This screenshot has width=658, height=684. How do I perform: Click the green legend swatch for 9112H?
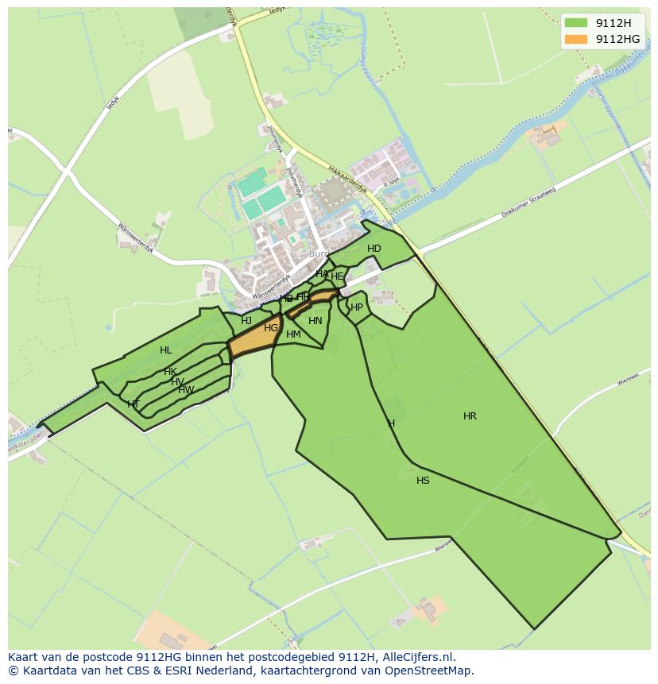[576, 22]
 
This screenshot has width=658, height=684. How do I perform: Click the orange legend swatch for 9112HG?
[576, 38]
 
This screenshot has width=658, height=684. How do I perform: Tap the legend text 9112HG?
[617, 38]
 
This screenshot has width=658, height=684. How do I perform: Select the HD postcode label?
[374, 249]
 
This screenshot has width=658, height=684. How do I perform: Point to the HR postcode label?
[470, 415]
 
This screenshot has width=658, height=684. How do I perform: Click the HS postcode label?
[423, 481]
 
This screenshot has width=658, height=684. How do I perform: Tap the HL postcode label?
[165, 350]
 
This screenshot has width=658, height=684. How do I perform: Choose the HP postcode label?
[357, 307]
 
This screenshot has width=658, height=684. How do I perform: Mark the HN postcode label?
[315, 321]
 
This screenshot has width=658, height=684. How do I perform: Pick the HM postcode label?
[293, 334]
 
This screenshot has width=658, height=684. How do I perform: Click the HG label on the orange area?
[271, 328]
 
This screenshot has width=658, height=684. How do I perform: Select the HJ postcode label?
[246, 321]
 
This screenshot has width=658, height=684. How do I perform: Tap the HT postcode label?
[134, 404]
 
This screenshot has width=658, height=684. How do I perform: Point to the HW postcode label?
[186, 390]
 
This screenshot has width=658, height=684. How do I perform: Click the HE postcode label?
[337, 276]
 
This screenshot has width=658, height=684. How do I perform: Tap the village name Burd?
[319, 255]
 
